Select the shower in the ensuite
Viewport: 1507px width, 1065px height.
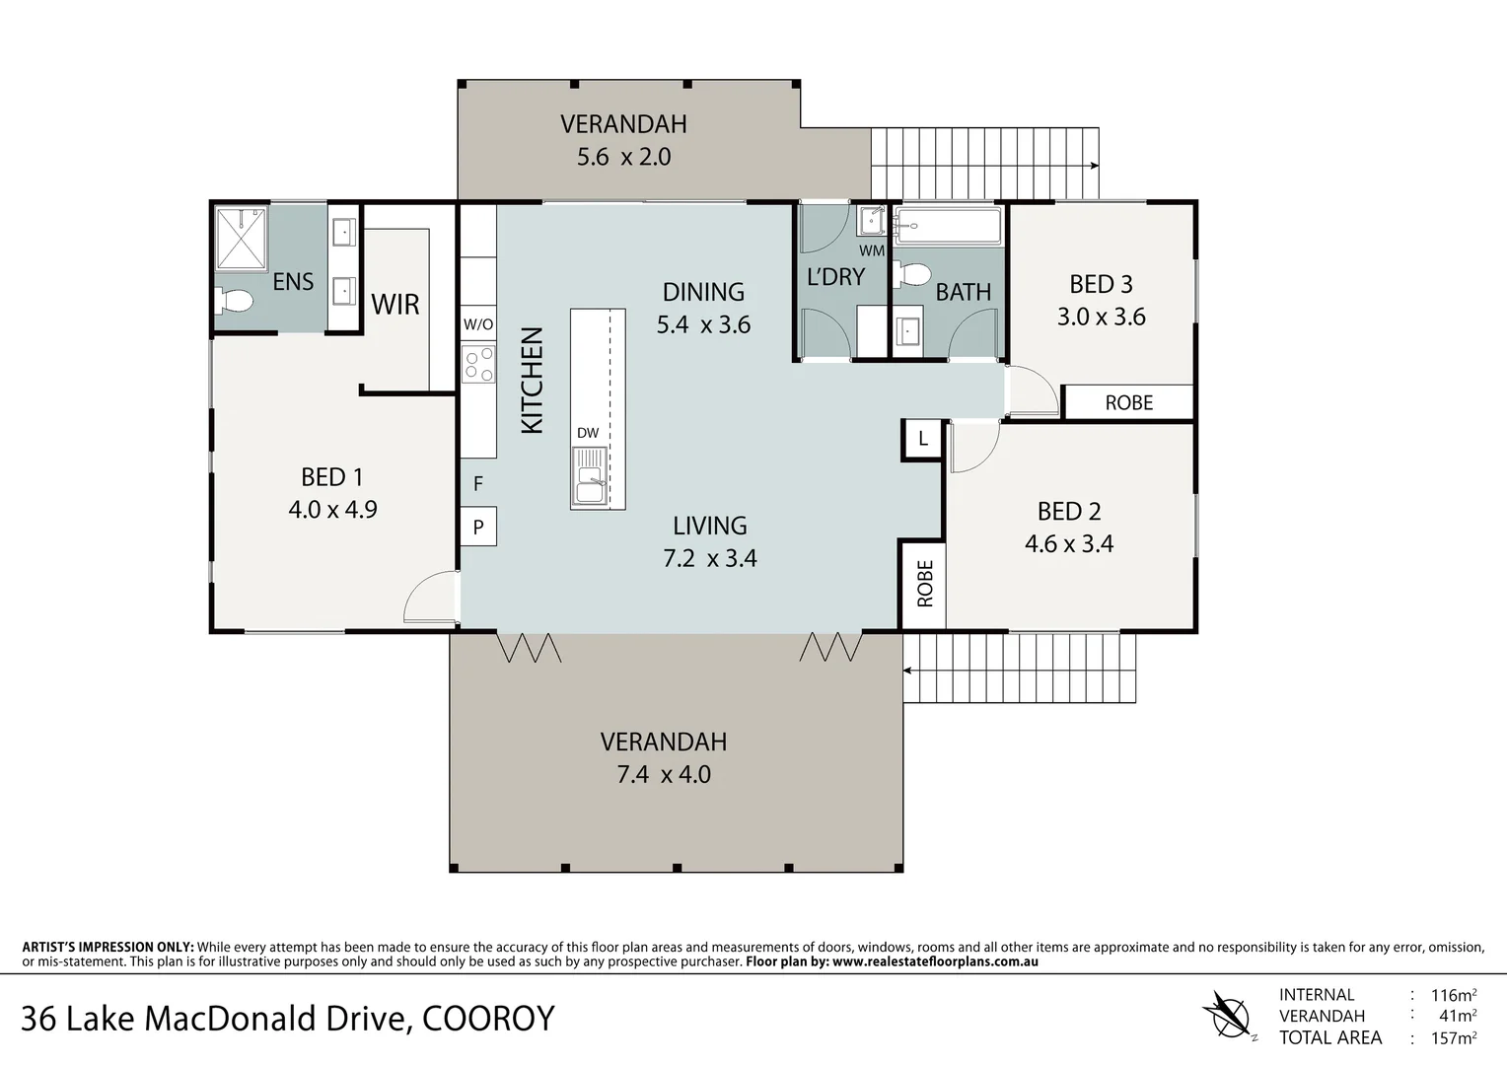tap(242, 238)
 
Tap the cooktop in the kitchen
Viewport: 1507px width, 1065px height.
tap(478, 364)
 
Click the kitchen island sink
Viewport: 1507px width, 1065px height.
tap(591, 477)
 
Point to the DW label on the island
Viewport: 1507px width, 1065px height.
tap(588, 433)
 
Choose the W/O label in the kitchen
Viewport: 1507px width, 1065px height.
tap(478, 324)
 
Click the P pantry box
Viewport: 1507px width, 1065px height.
tap(478, 527)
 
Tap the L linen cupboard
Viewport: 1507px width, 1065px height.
tap(923, 439)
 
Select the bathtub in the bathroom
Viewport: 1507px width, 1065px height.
tap(948, 226)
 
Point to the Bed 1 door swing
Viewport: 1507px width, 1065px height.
tap(431, 598)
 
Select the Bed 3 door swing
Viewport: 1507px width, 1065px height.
tap(1032, 390)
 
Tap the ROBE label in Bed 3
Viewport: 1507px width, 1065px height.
tap(1128, 402)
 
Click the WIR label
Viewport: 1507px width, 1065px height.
tap(395, 305)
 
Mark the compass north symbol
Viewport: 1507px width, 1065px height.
tap(1228, 1015)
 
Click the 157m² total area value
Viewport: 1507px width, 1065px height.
tap(1455, 1037)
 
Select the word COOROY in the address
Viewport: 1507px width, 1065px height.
tap(488, 1019)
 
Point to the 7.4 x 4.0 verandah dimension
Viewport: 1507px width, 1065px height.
tap(664, 774)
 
